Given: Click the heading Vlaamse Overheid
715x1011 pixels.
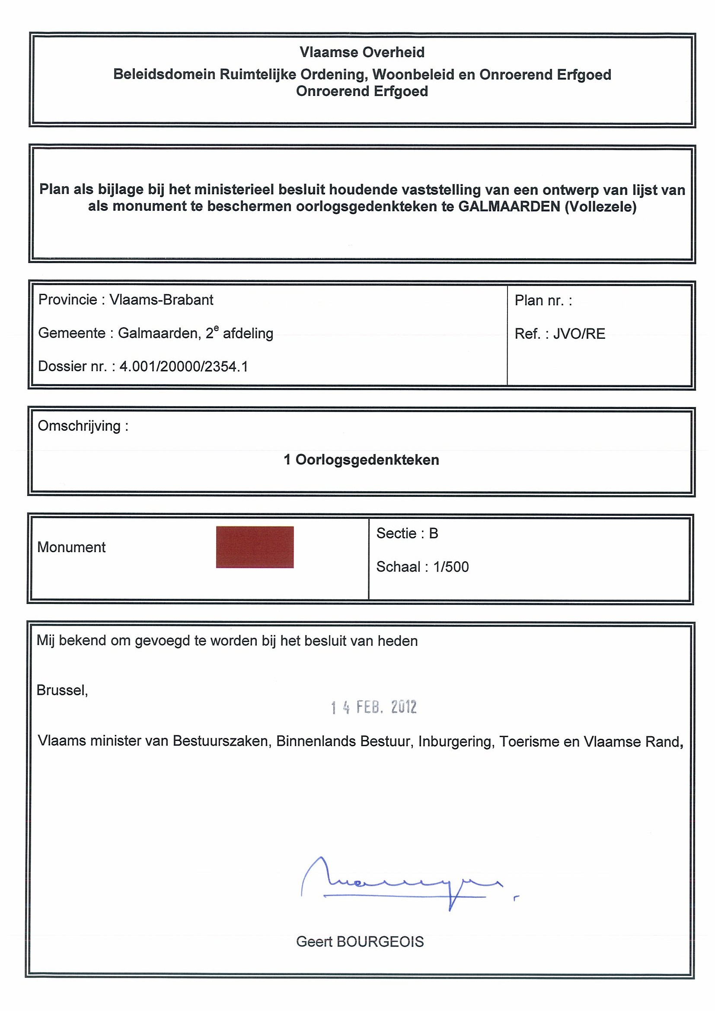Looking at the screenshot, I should point(362,52).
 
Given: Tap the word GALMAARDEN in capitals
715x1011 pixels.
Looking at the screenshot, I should point(509,207).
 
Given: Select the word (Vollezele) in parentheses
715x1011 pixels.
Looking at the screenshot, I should point(600,207).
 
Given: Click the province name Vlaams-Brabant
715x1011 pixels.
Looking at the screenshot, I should point(161,300).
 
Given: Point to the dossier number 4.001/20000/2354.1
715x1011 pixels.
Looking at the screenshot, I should point(184,366).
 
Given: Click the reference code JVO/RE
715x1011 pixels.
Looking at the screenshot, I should point(579,334).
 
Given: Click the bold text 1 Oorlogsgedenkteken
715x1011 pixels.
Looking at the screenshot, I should point(361,460).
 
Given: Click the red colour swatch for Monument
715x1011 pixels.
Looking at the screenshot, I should point(255,547).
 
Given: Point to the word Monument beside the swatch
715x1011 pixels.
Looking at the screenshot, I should point(71,547).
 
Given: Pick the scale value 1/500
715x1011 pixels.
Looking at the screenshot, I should point(451,567).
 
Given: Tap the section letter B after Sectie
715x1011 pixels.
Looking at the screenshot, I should point(434,533).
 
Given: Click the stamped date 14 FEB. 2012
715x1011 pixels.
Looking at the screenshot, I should point(373,707).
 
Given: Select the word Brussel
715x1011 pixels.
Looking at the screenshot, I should point(62,690).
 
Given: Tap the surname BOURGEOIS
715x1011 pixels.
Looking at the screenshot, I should point(380,941).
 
